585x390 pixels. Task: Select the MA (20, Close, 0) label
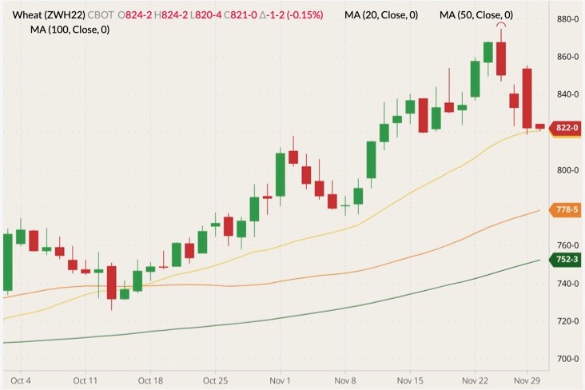point(381,15)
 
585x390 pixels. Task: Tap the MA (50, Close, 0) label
point(476,15)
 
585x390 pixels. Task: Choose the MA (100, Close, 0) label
point(70,30)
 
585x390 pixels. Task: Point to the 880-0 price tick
point(567,19)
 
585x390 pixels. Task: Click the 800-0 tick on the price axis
point(567,170)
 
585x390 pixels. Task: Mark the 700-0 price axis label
point(567,359)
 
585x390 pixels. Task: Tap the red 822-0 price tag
point(567,128)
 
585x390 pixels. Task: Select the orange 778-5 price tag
point(566,209)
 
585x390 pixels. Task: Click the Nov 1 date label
point(279,380)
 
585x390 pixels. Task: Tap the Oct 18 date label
point(151,380)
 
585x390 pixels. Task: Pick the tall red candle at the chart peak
point(501,58)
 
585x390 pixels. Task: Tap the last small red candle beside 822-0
point(540,126)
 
